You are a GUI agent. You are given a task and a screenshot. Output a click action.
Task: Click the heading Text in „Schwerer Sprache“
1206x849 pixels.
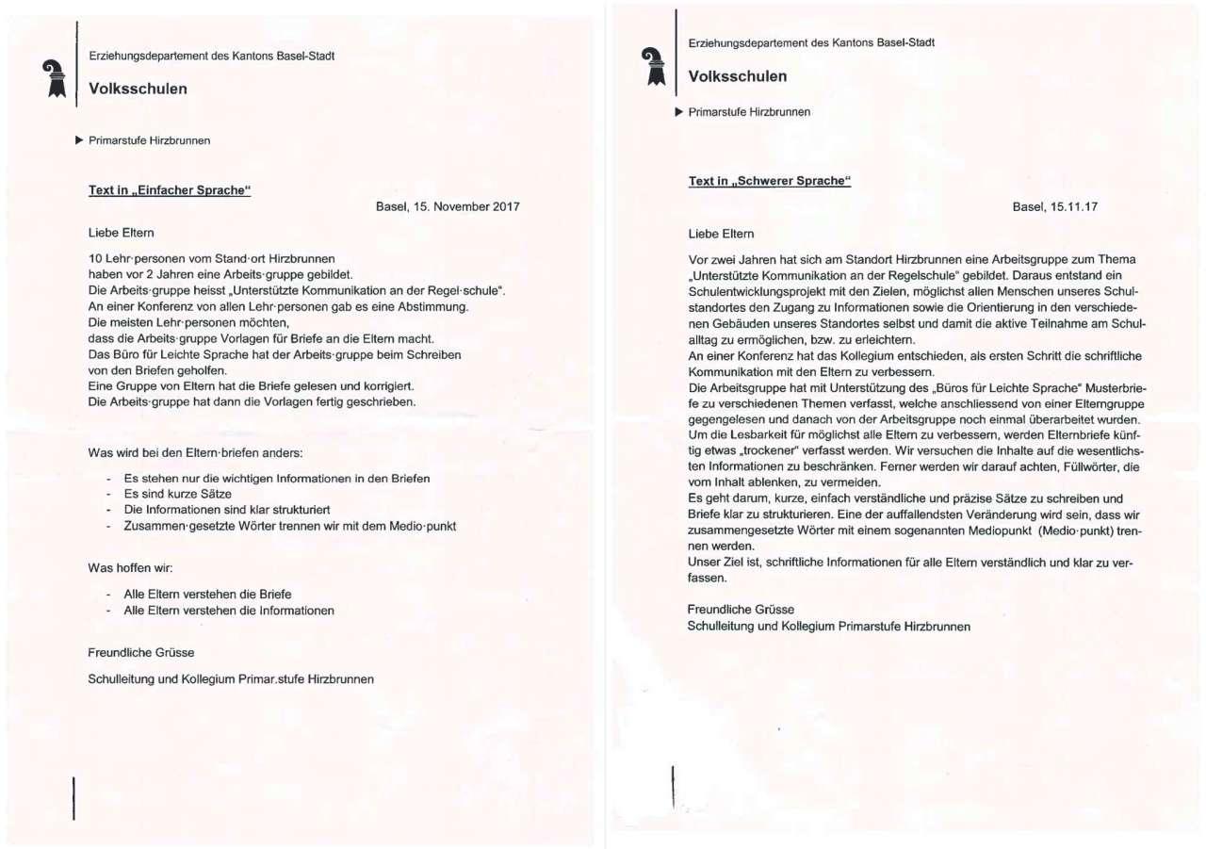770,181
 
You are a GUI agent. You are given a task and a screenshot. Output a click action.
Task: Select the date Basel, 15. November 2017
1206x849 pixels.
448,206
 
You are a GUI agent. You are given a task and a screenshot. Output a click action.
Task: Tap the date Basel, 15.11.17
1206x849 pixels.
1055,206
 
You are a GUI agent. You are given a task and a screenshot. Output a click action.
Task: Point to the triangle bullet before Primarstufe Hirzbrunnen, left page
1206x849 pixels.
79,140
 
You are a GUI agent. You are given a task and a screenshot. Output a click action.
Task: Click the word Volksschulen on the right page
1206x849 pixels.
738,75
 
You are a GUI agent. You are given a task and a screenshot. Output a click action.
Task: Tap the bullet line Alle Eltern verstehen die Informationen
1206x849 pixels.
229,611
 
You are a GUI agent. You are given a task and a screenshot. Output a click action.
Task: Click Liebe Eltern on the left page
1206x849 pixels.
122,232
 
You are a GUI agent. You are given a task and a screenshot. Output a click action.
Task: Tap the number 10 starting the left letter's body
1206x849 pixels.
95,258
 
